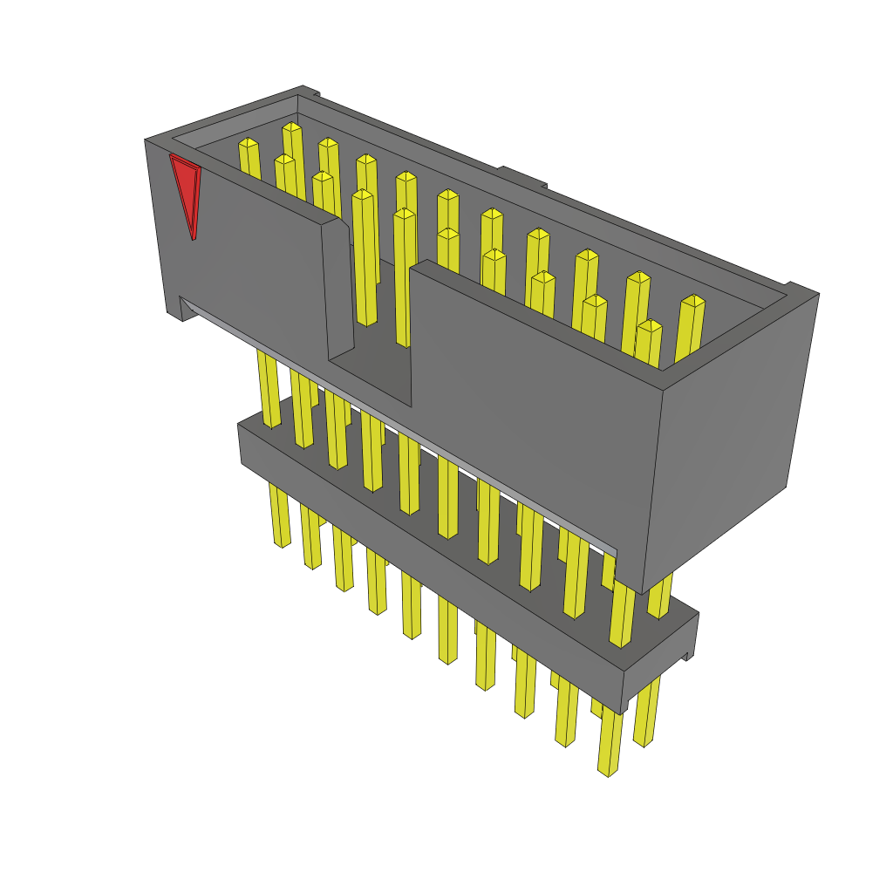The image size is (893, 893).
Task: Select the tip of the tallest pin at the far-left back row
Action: (x=291, y=129)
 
